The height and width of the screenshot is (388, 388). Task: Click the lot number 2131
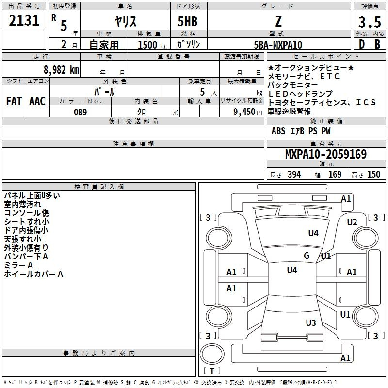24,20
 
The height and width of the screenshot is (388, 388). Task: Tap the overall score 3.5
370,22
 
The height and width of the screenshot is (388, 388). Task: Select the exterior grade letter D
362,44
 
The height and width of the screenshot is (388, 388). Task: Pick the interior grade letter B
378,44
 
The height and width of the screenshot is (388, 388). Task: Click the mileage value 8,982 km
61,70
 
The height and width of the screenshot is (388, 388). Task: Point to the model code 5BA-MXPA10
278,45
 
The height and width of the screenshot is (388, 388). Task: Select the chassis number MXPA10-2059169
326,154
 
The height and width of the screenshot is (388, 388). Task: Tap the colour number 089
81,112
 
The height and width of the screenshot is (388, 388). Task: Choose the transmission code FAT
14,101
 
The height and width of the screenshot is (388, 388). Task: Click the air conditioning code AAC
37,101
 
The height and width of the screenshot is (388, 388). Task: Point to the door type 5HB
188,21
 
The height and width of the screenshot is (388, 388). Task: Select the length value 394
294,174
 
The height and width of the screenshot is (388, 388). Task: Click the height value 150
373,174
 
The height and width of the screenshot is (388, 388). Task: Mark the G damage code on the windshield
307,255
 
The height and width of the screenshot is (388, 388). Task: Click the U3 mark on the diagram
311,323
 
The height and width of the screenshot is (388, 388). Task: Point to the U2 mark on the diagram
352,222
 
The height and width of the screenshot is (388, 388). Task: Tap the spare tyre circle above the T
212,354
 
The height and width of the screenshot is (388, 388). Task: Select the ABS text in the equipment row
278,131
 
